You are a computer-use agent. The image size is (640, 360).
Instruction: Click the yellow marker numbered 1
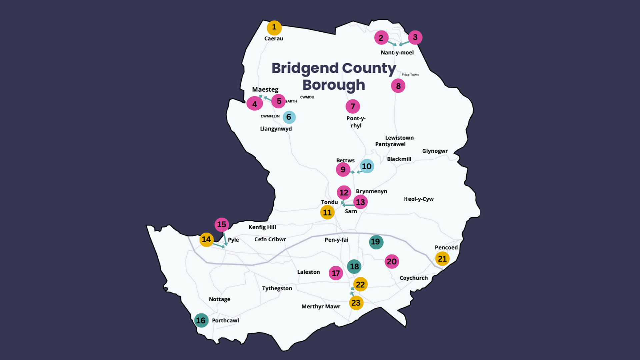[x=274, y=27]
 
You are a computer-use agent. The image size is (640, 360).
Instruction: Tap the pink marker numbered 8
[x=398, y=86]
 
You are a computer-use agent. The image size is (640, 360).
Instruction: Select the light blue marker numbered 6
[x=289, y=117]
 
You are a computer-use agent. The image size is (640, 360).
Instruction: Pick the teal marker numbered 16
[x=201, y=320]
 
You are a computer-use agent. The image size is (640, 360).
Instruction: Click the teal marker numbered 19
[x=376, y=242]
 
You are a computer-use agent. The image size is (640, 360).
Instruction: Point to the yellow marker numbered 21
[x=442, y=259]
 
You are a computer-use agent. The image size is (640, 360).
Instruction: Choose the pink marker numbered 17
[x=336, y=273]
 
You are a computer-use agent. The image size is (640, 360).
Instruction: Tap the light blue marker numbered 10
[x=367, y=166]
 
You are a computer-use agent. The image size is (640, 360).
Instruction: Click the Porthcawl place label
[x=225, y=321]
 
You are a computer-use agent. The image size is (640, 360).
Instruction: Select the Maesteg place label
[x=265, y=89]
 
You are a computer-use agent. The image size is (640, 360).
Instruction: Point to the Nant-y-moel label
[x=397, y=53]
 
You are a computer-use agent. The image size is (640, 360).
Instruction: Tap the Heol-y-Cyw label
[x=419, y=199]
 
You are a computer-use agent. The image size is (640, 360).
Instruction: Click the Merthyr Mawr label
[x=321, y=307]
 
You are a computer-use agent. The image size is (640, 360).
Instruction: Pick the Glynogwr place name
[x=435, y=151]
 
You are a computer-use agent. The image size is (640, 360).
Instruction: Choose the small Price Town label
[x=410, y=75]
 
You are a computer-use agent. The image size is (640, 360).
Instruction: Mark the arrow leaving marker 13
[x=348, y=205]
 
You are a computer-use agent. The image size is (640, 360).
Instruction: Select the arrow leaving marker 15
[x=225, y=239]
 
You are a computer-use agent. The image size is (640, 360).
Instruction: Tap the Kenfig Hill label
[x=262, y=227]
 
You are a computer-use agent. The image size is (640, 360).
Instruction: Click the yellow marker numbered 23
[x=356, y=303]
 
